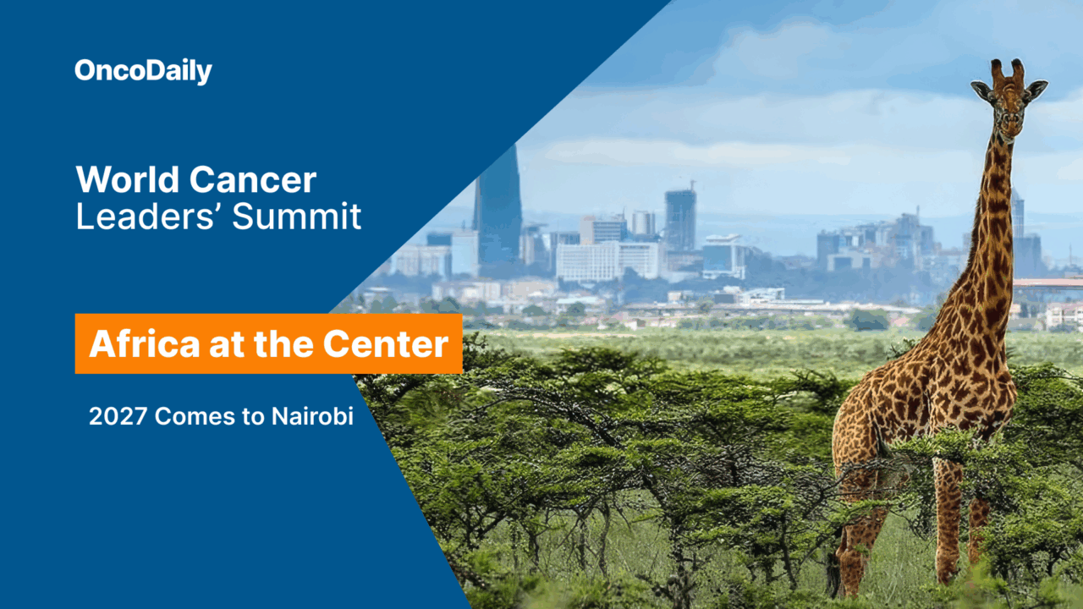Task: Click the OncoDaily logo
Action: [143, 71]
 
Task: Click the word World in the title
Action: [127, 180]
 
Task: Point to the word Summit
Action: [297, 217]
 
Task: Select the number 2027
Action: [118, 416]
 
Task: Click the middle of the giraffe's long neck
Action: [990, 228]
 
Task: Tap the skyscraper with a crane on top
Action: [680, 218]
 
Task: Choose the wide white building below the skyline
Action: [607, 261]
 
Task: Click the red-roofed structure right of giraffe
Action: [1049, 283]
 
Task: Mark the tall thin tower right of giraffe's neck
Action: [1017, 216]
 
